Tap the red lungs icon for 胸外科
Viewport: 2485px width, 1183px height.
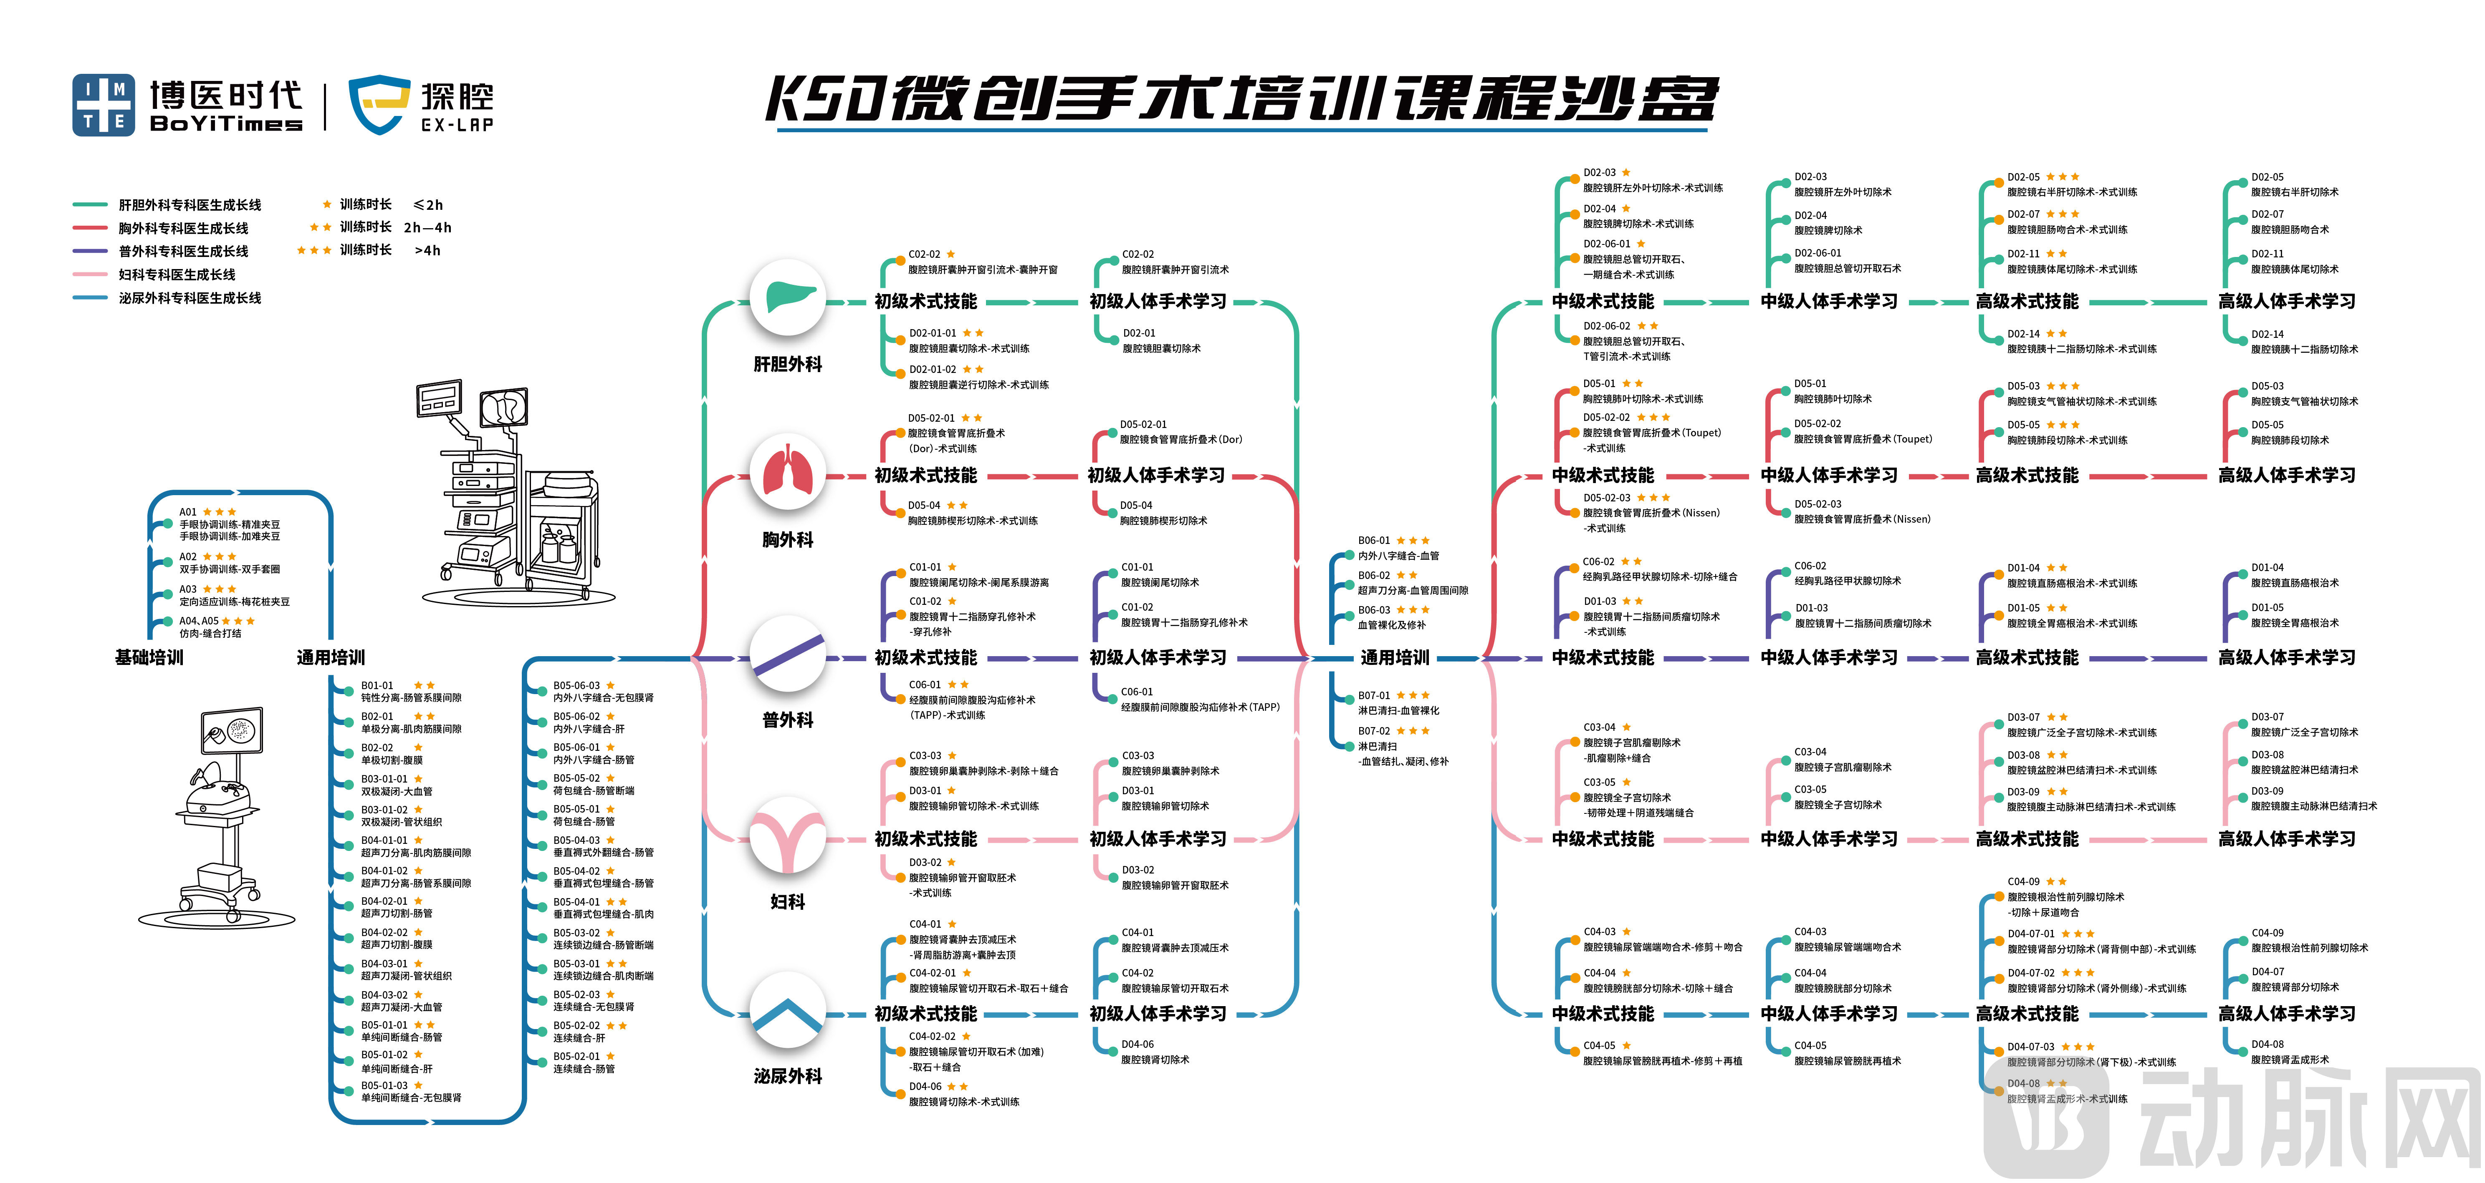point(788,473)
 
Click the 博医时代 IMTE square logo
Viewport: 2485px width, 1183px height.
point(104,105)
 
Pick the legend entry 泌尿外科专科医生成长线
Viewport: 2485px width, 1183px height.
point(189,298)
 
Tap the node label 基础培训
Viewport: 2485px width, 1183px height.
point(149,657)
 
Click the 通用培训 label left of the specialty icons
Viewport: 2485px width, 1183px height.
point(331,657)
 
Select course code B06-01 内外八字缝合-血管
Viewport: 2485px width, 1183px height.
point(1374,541)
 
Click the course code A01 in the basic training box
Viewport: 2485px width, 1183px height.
point(188,512)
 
